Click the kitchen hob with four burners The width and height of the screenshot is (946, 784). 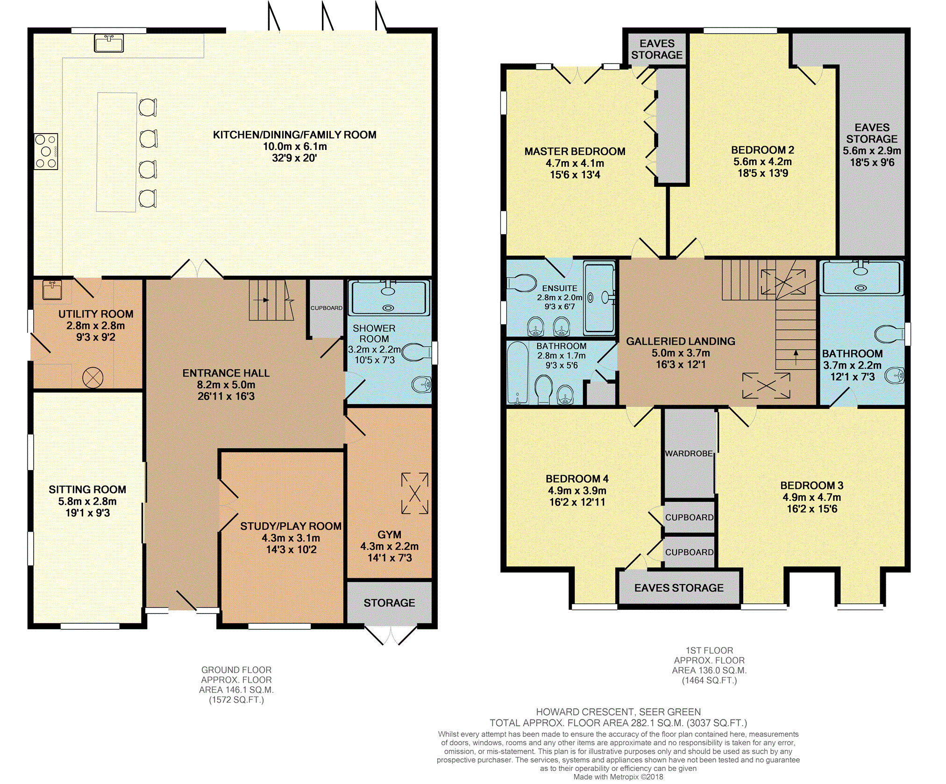tap(46, 151)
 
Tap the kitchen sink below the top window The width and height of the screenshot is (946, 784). tap(109, 43)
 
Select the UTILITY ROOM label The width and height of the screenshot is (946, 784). tap(96, 314)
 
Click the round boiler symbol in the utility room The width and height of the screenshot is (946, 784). tap(92, 378)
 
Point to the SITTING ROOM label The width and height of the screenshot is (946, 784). tap(87, 490)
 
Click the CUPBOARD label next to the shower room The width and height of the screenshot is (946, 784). tap(327, 308)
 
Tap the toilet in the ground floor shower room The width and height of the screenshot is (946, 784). tap(417, 353)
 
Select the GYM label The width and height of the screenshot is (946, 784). tap(389, 535)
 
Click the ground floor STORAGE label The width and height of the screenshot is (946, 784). tap(389, 603)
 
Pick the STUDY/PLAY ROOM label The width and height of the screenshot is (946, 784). tap(291, 526)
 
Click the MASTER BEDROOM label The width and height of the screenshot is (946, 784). tap(575, 151)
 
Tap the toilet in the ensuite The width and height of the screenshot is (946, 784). tap(522, 283)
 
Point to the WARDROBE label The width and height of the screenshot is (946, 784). tap(689, 453)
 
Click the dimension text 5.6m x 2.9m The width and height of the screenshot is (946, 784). tap(872, 151)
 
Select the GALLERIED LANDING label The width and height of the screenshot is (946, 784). tap(681, 342)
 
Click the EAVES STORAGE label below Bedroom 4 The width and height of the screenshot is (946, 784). tap(679, 588)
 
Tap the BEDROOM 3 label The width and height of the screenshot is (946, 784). tap(812, 485)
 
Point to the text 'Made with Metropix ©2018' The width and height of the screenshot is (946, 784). tap(618, 777)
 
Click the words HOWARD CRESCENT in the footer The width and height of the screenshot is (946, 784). tap(586, 712)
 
